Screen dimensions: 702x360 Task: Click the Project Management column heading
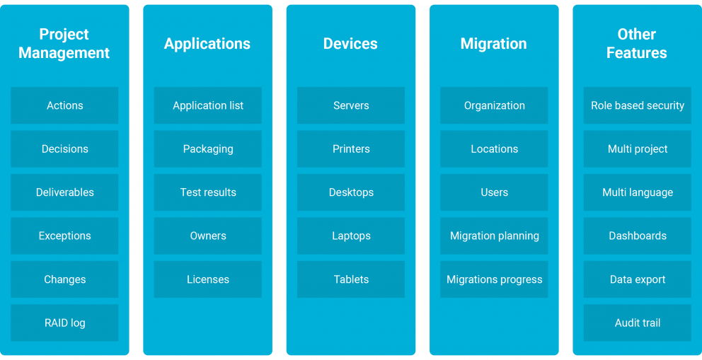point(64,43)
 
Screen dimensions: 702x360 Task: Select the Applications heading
point(207,43)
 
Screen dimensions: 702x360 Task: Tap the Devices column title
point(350,43)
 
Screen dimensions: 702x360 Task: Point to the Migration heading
point(494,43)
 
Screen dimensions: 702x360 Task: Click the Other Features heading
point(637,43)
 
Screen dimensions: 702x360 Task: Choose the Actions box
point(64,105)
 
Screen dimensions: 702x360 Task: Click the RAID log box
point(64,323)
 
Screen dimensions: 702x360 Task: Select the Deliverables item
point(64,192)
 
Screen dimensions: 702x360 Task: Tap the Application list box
point(208,105)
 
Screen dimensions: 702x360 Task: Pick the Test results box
point(208,192)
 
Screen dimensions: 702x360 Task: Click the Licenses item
point(208,279)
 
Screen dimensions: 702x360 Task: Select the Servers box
point(351,105)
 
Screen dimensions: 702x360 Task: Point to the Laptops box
point(351,236)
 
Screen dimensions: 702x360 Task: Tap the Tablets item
point(351,279)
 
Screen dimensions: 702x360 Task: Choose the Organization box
point(494,105)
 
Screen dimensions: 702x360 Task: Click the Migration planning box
point(494,236)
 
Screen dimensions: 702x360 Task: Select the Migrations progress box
point(494,279)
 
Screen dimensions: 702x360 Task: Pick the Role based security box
point(638,105)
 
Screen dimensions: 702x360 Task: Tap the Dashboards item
point(638,236)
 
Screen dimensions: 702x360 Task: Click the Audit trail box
point(638,323)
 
